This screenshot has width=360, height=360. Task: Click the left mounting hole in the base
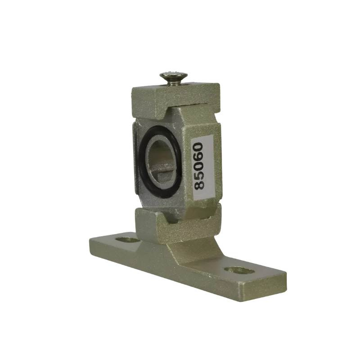coord(127,240)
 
